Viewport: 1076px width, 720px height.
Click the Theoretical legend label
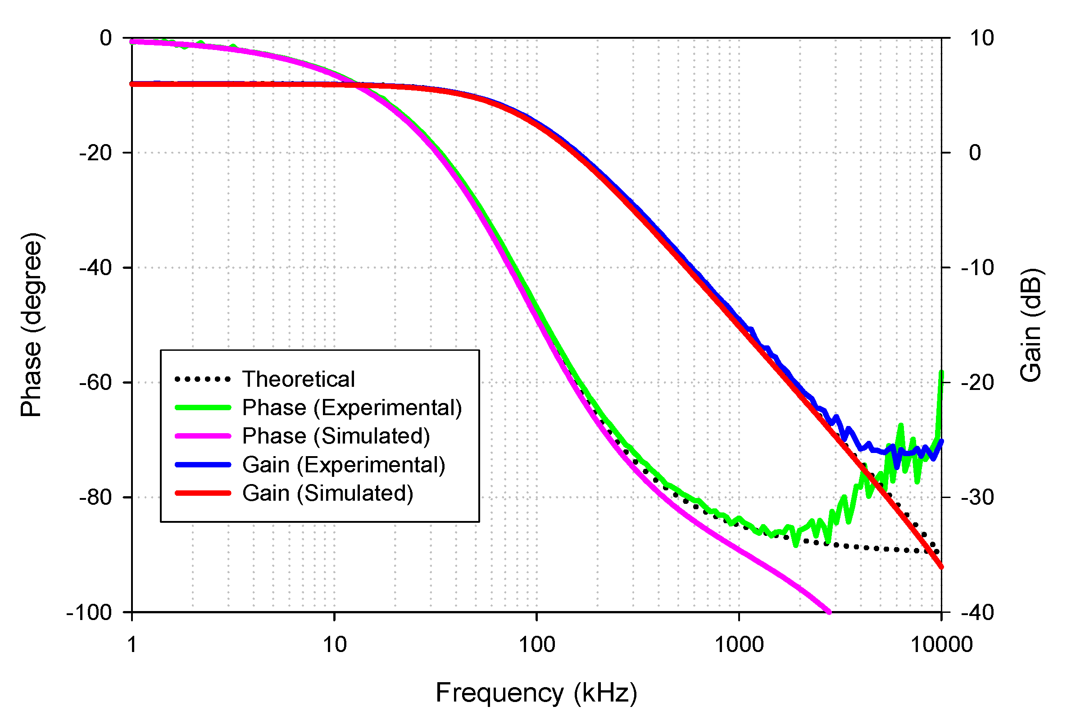[299, 379]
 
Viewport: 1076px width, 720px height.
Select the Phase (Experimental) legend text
[352, 408]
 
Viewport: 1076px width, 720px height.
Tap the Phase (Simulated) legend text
[336, 436]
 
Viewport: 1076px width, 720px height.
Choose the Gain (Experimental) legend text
[344, 465]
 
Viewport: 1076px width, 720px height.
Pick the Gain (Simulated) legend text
[327, 494]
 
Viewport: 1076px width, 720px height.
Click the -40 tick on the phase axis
[95, 268]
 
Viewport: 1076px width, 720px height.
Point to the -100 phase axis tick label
[89, 612]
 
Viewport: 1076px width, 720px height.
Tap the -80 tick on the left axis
[95, 497]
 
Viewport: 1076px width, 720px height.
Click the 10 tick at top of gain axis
[981, 38]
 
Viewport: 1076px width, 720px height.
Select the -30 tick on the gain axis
[977, 497]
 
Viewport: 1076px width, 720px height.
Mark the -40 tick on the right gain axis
[977, 612]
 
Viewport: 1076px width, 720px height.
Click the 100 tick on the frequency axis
[536, 645]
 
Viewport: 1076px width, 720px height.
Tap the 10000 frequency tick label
[941, 645]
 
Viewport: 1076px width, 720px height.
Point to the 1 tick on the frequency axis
[132, 645]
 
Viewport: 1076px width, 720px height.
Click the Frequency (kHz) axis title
[536, 693]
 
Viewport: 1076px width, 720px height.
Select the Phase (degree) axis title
[31, 325]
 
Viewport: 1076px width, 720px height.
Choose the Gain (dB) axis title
[1031, 325]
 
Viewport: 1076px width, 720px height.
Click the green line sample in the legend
[203, 408]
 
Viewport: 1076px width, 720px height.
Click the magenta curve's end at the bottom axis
[829, 611]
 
